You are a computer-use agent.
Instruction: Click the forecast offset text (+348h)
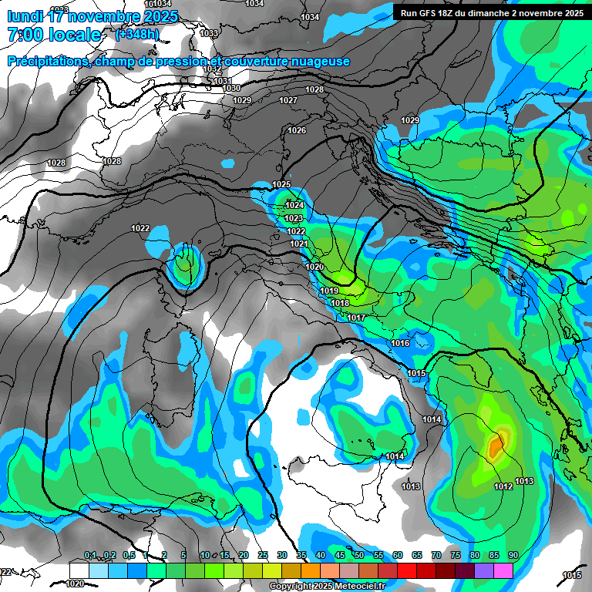pyautogui.click(x=137, y=34)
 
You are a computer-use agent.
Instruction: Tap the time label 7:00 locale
pyautogui.click(x=54, y=35)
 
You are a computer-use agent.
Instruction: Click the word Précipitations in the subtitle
pyautogui.click(x=46, y=62)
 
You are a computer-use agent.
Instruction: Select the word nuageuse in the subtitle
pyautogui.click(x=318, y=62)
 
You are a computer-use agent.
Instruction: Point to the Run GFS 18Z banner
pyautogui.click(x=492, y=12)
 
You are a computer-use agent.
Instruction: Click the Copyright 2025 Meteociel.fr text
pyautogui.click(x=327, y=586)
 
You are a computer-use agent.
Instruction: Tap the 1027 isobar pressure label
pyautogui.click(x=288, y=101)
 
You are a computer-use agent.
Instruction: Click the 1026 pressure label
pyautogui.click(x=297, y=130)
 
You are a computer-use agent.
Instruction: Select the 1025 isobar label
pyautogui.click(x=281, y=184)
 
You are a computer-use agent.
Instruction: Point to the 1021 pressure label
pyautogui.click(x=299, y=244)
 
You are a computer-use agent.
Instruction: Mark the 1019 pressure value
pyautogui.click(x=329, y=291)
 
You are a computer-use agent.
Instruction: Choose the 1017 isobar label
pyautogui.click(x=356, y=318)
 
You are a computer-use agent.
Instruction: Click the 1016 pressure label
pyautogui.click(x=400, y=343)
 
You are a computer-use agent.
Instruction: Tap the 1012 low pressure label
pyautogui.click(x=503, y=486)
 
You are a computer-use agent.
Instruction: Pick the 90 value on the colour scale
pyautogui.click(x=513, y=556)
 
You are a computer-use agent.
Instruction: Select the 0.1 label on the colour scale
pyautogui.click(x=90, y=556)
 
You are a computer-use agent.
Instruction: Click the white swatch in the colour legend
pyautogui.click(x=79, y=570)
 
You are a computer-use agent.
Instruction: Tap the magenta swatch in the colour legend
pyautogui.click(x=503, y=570)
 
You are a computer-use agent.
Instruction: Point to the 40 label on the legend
pyautogui.click(x=320, y=556)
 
